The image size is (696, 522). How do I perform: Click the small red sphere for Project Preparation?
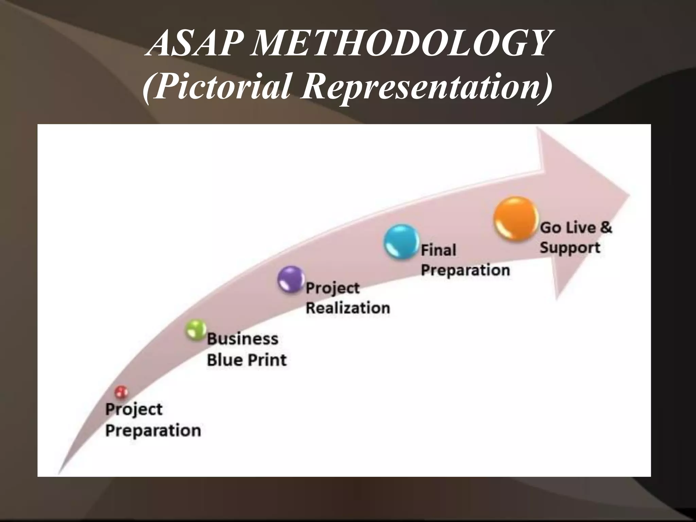121,392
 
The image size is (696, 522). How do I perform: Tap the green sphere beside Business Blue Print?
196,330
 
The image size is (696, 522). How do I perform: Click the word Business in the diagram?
243,339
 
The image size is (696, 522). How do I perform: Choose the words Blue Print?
247,360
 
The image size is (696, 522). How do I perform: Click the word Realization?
348,308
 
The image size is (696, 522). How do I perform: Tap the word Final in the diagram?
438,250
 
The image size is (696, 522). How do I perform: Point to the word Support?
570,247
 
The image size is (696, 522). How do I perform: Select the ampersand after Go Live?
606,227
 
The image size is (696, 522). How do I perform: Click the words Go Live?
568,227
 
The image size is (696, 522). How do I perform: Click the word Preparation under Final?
465,271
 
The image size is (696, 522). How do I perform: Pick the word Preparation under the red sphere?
153,431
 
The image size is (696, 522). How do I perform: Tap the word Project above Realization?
332,288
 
